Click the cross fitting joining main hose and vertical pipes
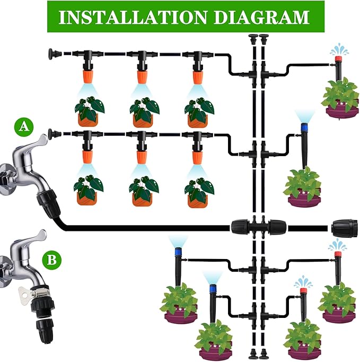point(259,228)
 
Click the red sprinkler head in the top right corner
point(337,66)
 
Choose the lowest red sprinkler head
point(303,291)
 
